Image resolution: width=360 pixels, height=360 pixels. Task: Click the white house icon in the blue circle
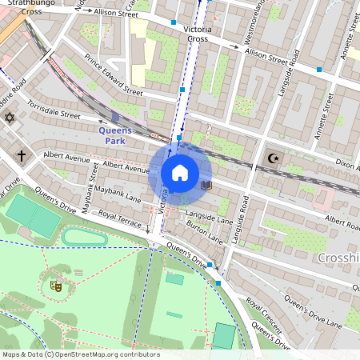(x=180, y=173)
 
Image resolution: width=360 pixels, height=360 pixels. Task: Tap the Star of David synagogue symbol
(x=10, y=118)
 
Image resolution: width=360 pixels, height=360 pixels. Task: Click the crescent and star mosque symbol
(x=274, y=158)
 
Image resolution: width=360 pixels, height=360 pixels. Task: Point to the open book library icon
(x=206, y=185)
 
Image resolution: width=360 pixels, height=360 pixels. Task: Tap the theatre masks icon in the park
(x=56, y=284)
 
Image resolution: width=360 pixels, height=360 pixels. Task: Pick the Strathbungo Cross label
(x=22, y=7)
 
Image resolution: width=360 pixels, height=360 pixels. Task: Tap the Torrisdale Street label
(x=54, y=110)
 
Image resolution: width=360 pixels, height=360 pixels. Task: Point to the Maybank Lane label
(x=118, y=194)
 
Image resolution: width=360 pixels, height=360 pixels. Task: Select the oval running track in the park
(x=84, y=238)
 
